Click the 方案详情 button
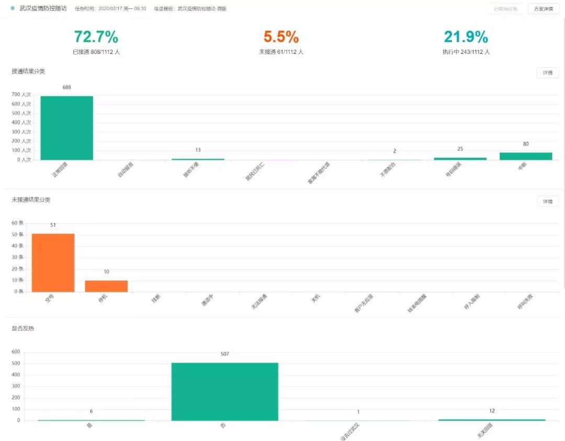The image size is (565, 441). click(x=544, y=9)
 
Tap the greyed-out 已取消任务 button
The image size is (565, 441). click(x=505, y=9)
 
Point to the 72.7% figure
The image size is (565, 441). click(x=96, y=37)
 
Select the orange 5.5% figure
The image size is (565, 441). click(x=281, y=37)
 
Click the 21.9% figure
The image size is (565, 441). click(x=466, y=37)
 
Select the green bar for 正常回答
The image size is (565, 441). click(x=66, y=128)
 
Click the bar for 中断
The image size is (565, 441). click(x=526, y=156)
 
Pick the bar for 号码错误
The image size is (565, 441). click(x=460, y=158)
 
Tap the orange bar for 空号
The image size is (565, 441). click(x=53, y=262)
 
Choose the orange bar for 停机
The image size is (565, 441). click(x=106, y=286)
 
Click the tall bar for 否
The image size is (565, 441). click(x=224, y=391)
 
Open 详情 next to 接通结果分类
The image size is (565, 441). click(x=547, y=73)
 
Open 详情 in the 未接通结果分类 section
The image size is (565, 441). click(x=547, y=202)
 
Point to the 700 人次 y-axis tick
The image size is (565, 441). click(x=21, y=95)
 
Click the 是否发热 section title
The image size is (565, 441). click(x=23, y=328)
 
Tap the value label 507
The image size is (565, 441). click(x=224, y=354)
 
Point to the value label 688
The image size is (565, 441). click(x=66, y=87)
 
